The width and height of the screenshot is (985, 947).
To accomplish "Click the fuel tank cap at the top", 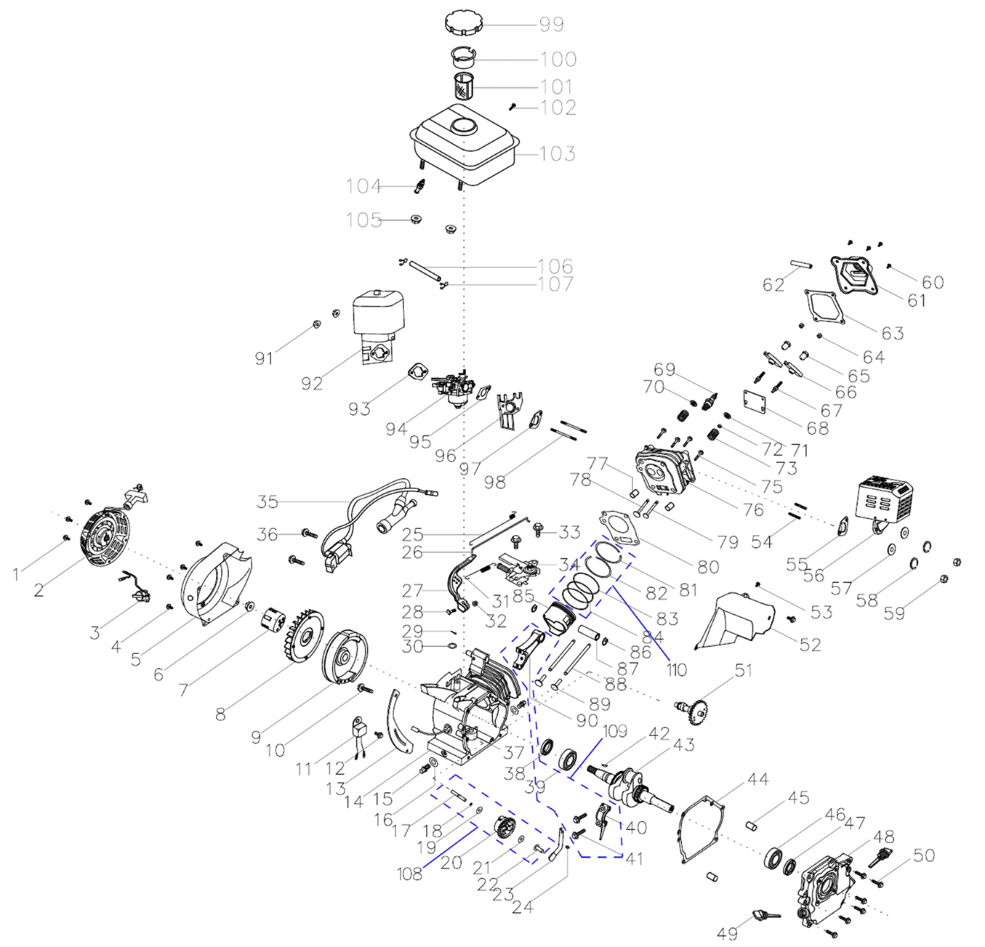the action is (463, 23).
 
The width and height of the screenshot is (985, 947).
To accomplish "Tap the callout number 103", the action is (558, 153).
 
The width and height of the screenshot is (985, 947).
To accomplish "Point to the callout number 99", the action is (551, 24).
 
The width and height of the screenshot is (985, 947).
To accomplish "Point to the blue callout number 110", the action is (676, 670).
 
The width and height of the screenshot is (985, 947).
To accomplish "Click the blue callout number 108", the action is (409, 874).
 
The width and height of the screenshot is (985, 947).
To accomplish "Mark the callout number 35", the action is (268, 501).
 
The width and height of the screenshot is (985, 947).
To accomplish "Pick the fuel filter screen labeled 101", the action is (463, 86).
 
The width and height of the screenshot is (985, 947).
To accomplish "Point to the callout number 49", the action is (728, 933).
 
